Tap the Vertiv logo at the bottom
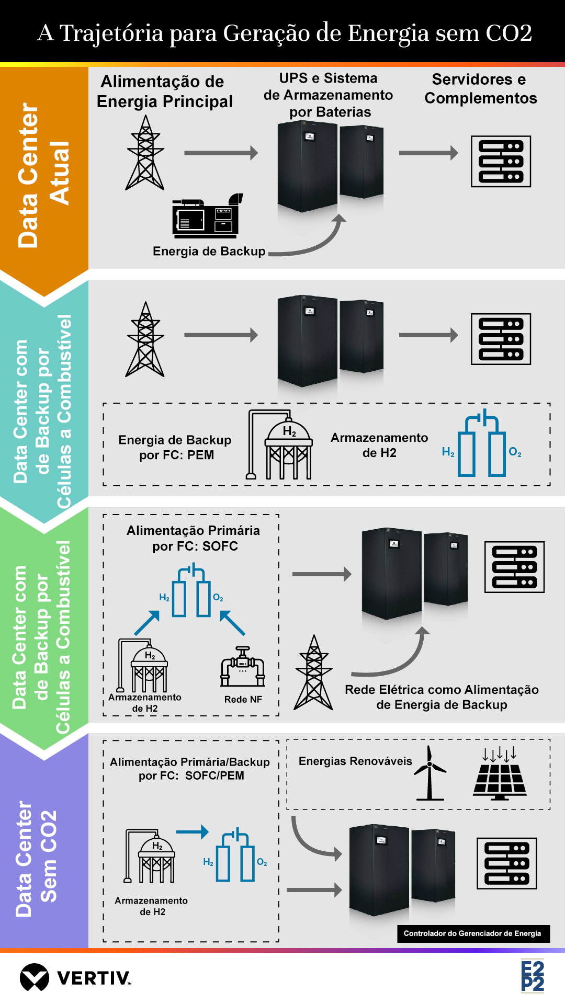click(x=75, y=977)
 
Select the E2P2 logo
click(x=532, y=976)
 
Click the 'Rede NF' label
click(x=243, y=699)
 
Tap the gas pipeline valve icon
click(x=243, y=667)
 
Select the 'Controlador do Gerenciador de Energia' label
click(x=472, y=933)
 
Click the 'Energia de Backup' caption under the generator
click(x=209, y=252)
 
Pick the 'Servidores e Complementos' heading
click(x=480, y=89)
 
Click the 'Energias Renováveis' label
click(x=355, y=761)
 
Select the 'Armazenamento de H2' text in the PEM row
click(x=379, y=445)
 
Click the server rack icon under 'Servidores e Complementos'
click(x=501, y=162)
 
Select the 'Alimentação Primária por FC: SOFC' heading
click(x=194, y=538)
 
